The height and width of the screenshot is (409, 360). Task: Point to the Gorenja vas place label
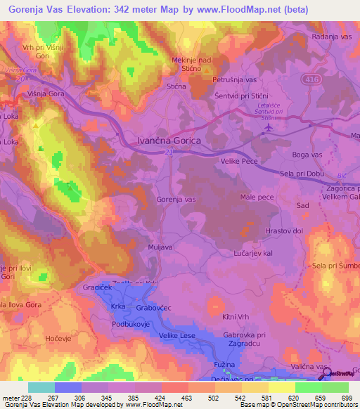[x=176, y=200]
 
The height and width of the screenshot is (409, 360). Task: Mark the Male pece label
[x=255, y=200]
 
